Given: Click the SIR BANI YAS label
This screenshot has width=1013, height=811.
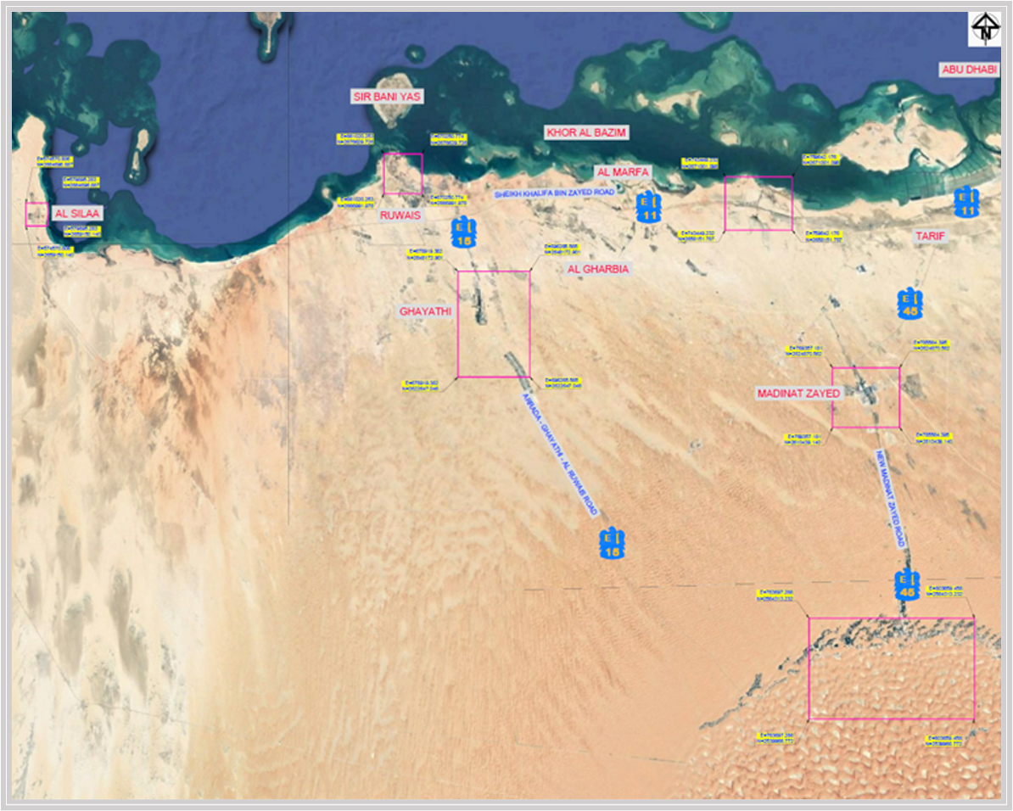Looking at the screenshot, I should click(387, 97).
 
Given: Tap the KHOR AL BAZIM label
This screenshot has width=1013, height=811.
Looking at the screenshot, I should click(585, 133).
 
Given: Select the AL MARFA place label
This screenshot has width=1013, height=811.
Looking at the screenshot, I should click(623, 172).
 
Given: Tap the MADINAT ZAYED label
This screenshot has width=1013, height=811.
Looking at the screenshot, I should click(798, 394).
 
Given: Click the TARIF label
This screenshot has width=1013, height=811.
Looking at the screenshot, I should click(929, 236).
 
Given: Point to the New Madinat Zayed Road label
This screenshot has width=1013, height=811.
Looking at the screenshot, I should click(892, 499).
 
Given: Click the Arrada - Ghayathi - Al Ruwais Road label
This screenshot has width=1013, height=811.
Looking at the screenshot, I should click(560, 455).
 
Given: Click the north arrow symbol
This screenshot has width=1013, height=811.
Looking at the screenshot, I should click(984, 31).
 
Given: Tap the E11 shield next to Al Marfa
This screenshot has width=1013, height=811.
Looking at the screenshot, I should click(648, 208).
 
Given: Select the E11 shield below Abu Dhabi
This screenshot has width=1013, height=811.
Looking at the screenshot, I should click(965, 202).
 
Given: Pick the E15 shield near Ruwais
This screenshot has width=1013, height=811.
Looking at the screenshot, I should click(463, 233).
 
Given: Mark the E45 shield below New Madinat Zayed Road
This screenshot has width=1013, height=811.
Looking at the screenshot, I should click(906, 586).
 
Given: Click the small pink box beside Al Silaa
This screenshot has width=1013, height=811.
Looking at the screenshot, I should click(36, 214).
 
